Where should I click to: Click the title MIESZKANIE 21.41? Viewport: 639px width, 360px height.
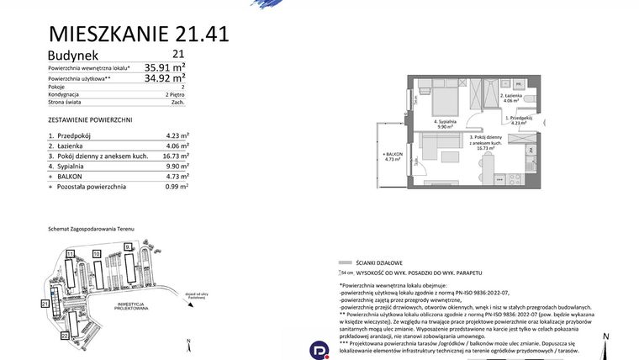[x=139, y=34]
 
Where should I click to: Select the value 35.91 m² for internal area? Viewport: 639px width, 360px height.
[x=165, y=66]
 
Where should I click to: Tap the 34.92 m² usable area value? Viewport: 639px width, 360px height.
[x=165, y=78]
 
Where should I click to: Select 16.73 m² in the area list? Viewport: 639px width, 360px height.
[x=176, y=156]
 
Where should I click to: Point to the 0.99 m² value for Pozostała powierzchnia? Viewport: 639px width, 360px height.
[x=177, y=188]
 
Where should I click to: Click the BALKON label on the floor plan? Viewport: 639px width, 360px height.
[x=393, y=155]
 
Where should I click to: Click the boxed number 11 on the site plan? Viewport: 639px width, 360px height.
[x=71, y=252]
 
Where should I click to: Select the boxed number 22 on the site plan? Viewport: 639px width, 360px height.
[x=65, y=336]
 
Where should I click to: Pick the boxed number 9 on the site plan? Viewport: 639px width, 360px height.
[x=127, y=246]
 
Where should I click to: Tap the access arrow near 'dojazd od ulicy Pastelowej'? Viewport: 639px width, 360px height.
[x=186, y=292]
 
